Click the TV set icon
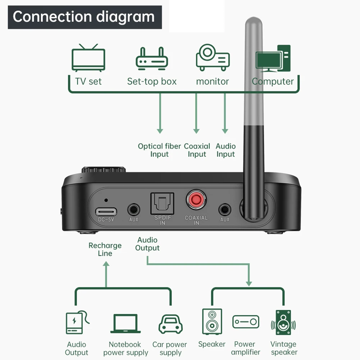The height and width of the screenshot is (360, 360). coord(88,58)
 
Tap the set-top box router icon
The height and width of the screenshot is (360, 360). coord(152,59)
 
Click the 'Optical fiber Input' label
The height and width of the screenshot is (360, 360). coord(159,150)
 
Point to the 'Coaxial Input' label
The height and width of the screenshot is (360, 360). coord(197,150)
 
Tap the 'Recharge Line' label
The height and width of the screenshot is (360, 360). coord(105,249)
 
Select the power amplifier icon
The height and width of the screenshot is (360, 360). coord(246,322)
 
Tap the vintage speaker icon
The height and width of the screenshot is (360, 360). coord(283,322)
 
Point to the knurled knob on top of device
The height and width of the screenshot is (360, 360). coord(103,169)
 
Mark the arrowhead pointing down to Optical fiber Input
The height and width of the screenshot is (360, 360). coord(160,131)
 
